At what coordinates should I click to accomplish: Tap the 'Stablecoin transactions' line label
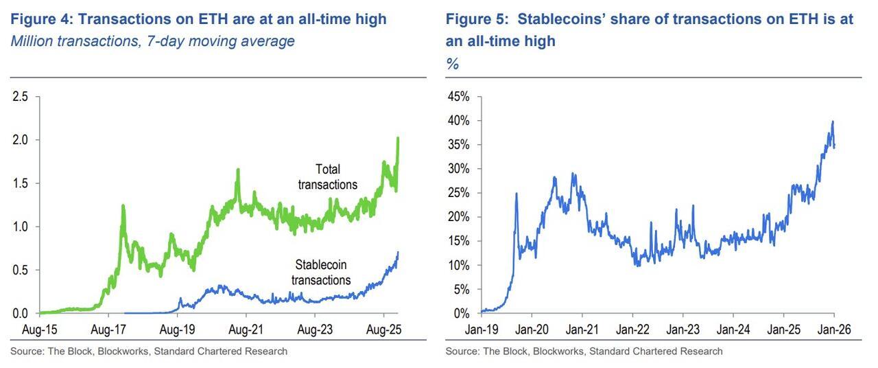[x=321, y=272]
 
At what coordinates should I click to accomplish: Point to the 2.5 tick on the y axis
[x=21, y=97]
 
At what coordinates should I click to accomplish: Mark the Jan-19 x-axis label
[x=482, y=330]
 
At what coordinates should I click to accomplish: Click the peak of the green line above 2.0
[x=399, y=138]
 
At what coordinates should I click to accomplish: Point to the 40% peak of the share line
[x=832, y=122]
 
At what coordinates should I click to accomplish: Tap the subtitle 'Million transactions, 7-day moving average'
[x=152, y=41]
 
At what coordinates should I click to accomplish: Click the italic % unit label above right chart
[x=452, y=64]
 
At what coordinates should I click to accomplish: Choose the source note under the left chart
[x=148, y=352]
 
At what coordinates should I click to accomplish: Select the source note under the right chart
[x=584, y=352]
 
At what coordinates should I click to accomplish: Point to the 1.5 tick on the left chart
[x=21, y=183]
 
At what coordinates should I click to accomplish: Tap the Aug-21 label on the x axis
[x=246, y=330]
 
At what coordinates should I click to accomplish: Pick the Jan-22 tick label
[x=632, y=330]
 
